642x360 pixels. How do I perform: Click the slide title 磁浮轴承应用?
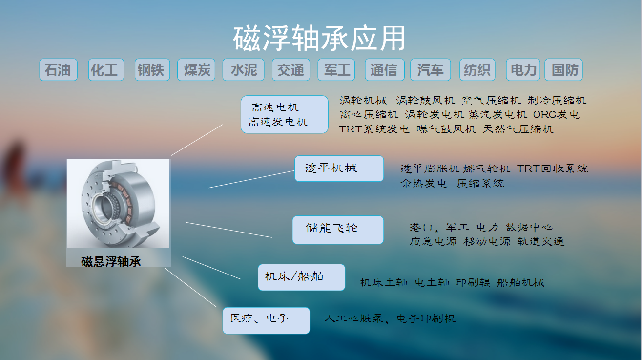click(319, 38)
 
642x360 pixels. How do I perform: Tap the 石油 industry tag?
click(59, 70)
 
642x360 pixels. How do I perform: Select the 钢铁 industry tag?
click(152, 70)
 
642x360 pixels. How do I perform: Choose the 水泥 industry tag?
click(243, 70)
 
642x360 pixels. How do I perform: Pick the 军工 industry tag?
click(336, 70)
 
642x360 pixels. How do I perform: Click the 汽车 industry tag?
click(431, 70)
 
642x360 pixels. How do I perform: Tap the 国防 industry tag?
click(564, 70)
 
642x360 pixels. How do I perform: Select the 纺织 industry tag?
click(477, 70)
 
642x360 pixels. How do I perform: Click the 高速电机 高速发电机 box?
click(285, 114)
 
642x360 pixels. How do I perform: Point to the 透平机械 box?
click(339, 169)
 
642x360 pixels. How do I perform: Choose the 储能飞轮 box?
click(338, 230)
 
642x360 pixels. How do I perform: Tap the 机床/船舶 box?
click(302, 277)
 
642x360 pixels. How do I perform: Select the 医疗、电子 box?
click(266, 320)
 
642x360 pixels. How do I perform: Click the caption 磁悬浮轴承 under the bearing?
click(111, 262)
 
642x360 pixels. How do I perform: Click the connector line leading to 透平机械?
click(251, 179)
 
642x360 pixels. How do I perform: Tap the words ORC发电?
click(556, 114)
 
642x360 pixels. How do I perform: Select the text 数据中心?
click(529, 227)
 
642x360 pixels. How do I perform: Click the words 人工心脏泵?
click(353, 318)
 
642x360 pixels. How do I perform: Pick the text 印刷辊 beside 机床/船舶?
click(473, 282)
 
